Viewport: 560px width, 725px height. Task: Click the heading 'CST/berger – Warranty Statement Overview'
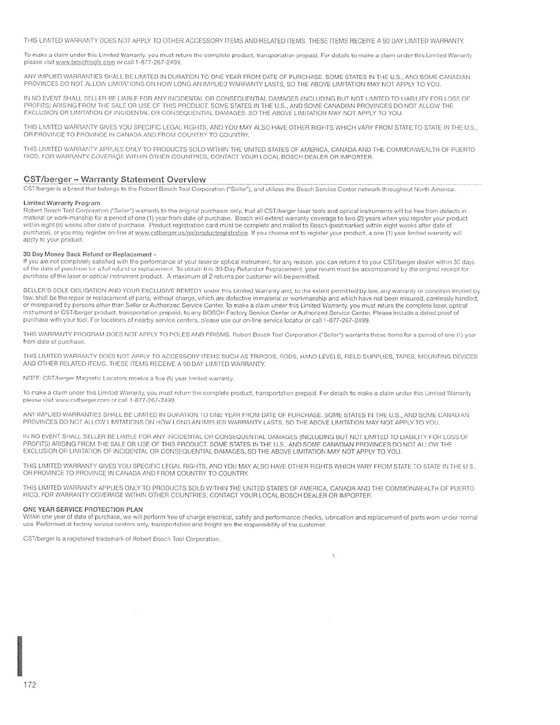tap(114, 179)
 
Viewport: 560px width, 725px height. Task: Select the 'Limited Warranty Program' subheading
tap(62, 203)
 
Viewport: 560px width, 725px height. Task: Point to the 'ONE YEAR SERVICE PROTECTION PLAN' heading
tap(83, 509)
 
